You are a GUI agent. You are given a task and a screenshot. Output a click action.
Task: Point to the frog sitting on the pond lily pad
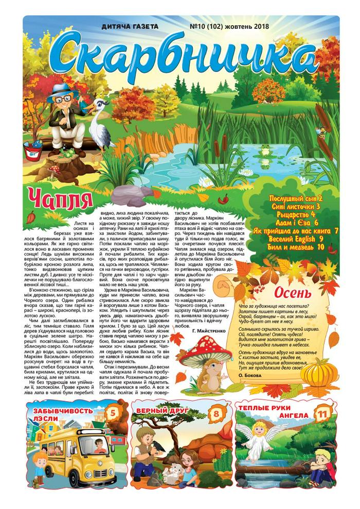pos(265,150)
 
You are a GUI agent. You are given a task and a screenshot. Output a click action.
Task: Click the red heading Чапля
pos(61,197)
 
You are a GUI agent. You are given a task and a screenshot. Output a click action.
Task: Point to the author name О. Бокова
pos(256,375)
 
